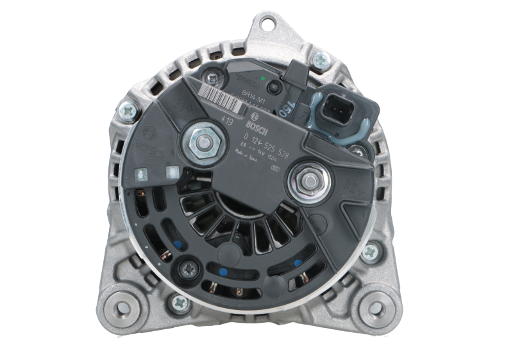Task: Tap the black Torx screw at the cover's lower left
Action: tap(191, 270)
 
